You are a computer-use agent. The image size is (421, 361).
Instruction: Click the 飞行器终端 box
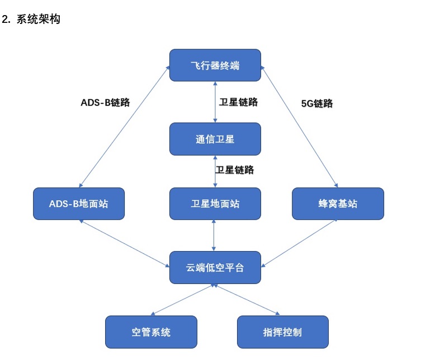215,65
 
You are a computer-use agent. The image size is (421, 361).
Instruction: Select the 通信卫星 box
215,139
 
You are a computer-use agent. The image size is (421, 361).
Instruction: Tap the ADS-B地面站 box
79,204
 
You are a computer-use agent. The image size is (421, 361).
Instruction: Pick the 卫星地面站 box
215,204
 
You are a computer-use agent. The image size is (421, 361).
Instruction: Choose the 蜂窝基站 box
338,204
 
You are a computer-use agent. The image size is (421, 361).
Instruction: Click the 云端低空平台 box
215,267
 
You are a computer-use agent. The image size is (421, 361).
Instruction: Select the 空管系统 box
151,332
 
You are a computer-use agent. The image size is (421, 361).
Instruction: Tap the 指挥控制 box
283,332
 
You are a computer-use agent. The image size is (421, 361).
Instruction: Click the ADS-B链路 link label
105,102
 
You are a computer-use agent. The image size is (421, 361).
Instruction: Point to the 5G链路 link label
317,103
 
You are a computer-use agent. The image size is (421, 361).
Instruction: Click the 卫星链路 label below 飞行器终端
238,102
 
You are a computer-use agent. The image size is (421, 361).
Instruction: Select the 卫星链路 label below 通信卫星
234,170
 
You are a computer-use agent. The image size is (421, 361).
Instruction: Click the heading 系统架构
39,19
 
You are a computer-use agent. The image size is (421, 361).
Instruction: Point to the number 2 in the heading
5,20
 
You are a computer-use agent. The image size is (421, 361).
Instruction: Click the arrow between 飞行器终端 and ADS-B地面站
124,127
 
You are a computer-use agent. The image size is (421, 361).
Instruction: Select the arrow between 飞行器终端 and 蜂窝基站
299,127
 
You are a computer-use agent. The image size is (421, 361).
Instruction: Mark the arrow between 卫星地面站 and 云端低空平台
214,235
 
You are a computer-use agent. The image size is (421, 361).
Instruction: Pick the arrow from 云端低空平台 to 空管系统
183,300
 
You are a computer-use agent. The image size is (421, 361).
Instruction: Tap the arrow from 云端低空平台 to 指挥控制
247,300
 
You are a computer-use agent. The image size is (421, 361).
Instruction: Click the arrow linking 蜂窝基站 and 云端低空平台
299,243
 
